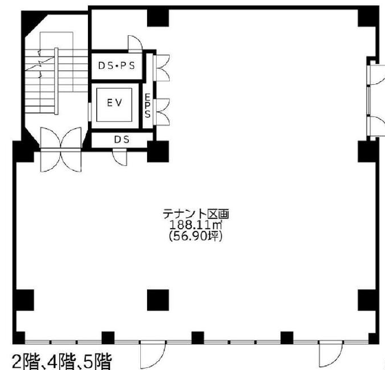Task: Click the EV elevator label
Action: tap(114, 103)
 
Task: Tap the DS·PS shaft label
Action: tap(117, 65)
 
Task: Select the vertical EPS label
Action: tap(147, 106)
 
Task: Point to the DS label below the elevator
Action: tap(122, 139)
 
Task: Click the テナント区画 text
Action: tap(196, 214)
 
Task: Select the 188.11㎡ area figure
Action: tap(196, 225)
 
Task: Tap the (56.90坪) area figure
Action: tap(196, 236)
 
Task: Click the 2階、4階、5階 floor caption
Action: tap(62, 362)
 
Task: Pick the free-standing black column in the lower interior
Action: tap(158, 300)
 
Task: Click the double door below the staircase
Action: tap(60, 150)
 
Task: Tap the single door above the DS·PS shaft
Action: tap(135, 44)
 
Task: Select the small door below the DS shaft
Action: tap(120, 158)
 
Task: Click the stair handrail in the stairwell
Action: tap(56, 81)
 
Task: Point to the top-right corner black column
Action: tap(367, 18)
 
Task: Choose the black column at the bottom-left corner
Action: tap(19, 338)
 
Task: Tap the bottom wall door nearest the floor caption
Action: tap(153, 353)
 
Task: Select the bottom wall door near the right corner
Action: tap(331, 353)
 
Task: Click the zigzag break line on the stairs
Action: tap(40, 63)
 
